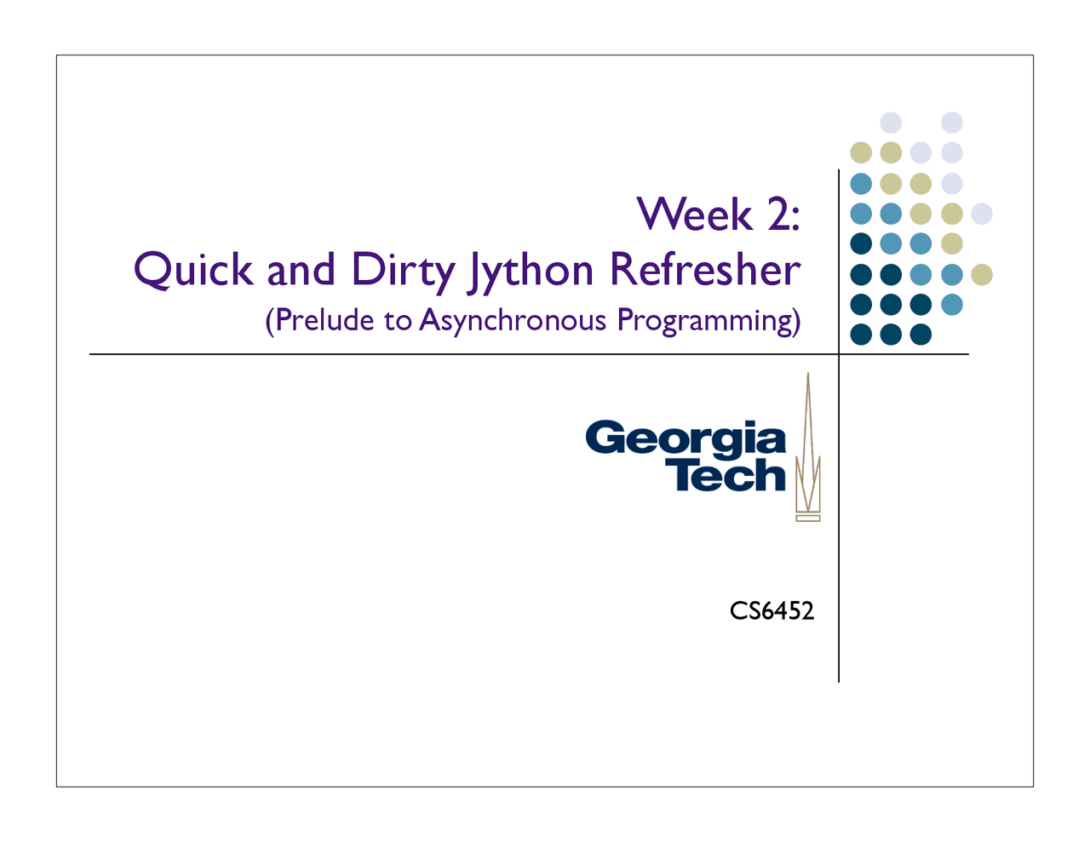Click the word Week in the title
[x=695, y=215]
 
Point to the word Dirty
[x=404, y=272]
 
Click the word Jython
[x=531, y=272]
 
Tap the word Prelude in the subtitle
[x=324, y=320]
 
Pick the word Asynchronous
[x=513, y=322]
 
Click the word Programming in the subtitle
[x=703, y=322]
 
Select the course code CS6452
[x=772, y=611]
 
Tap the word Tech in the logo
[x=725, y=474]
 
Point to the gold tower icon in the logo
[x=807, y=447]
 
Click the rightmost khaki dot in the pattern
[x=982, y=275]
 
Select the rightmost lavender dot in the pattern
[x=982, y=215]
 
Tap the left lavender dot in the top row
[x=891, y=123]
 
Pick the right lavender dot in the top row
[x=951, y=123]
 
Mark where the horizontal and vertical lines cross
[x=839, y=354]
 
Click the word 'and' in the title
[x=301, y=270]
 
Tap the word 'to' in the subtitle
[x=398, y=322]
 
